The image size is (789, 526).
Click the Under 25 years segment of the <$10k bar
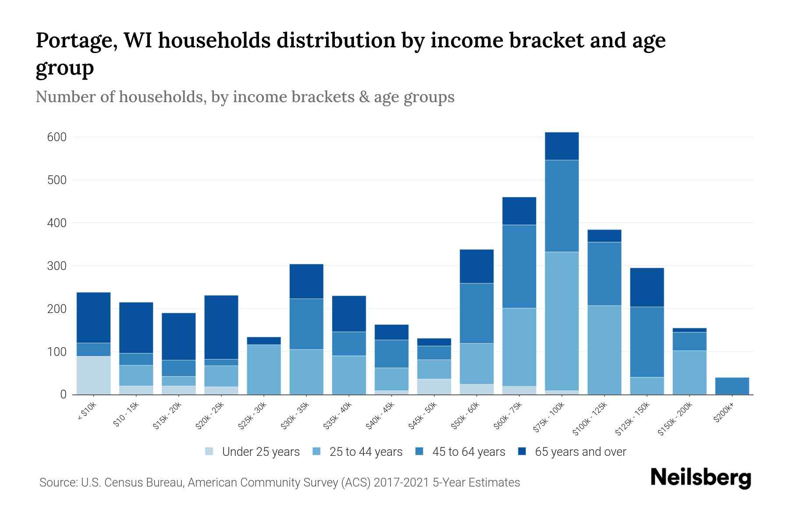pos(93,375)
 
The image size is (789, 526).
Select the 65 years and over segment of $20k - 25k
pos(221,327)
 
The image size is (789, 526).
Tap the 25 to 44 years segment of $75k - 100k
pos(562,321)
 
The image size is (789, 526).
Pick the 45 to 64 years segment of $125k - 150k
pos(647,341)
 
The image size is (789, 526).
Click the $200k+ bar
pos(732,386)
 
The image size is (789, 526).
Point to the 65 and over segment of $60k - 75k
pos(519,211)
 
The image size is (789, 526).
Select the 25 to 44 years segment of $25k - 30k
pos(264,369)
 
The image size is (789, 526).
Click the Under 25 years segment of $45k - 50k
pos(434,386)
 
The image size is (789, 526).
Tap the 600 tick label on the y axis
pos(57,137)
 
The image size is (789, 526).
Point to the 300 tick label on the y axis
pos(57,266)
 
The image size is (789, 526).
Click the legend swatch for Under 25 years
pos(210,451)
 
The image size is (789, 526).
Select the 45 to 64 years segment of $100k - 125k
pos(604,274)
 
